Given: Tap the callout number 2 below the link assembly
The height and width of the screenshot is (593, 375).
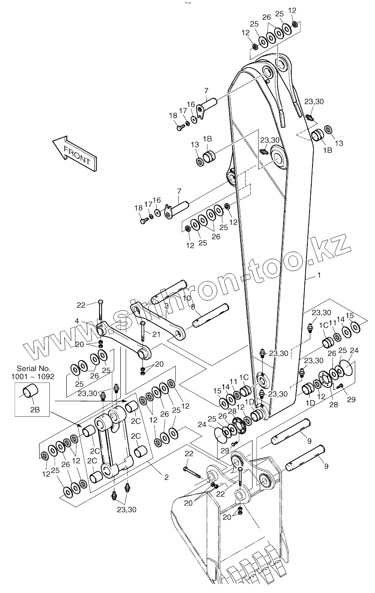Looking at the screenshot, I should pyautogui.click(x=166, y=477).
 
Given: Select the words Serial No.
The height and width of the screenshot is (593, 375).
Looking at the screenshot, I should pyautogui.click(x=34, y=368).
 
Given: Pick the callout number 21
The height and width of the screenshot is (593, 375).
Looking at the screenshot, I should pyautogui.click(x=157, y=334).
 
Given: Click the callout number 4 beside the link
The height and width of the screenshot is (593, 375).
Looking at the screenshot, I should pyautogui.click(x=89, y=321).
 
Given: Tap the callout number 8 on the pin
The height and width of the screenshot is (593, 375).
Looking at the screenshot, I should pyautogui.click(x=193, y=307).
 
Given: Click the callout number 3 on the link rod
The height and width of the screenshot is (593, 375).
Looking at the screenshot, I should pyautogui.click(x=166, y=306).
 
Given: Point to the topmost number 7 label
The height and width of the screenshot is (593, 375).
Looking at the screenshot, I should pyautogui.click(x=206, y=90).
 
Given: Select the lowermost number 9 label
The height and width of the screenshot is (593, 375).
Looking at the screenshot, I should pyautogui.click(x=327, y=467).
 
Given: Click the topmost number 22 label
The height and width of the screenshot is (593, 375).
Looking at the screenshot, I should pyautogui.click(x=82, y=304).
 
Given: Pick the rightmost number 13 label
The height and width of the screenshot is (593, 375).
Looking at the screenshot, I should pyautogui.click(x=339, y=143).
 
